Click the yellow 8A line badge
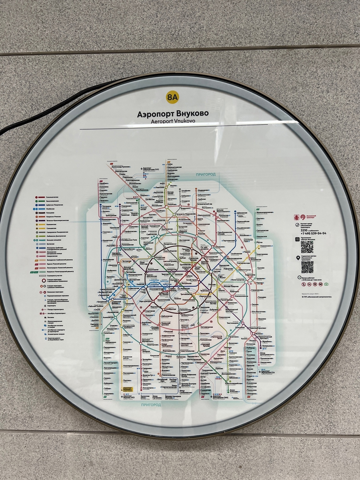point(172,97)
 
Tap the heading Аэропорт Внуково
point(173,114)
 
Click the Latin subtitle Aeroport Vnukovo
point(173,121)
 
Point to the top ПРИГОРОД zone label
point(206,174)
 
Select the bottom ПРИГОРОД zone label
point(151,405)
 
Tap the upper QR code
point(307,247)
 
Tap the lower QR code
point(307,267)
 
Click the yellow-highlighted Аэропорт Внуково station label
point(128,389)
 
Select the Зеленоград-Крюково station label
point(122,166)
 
